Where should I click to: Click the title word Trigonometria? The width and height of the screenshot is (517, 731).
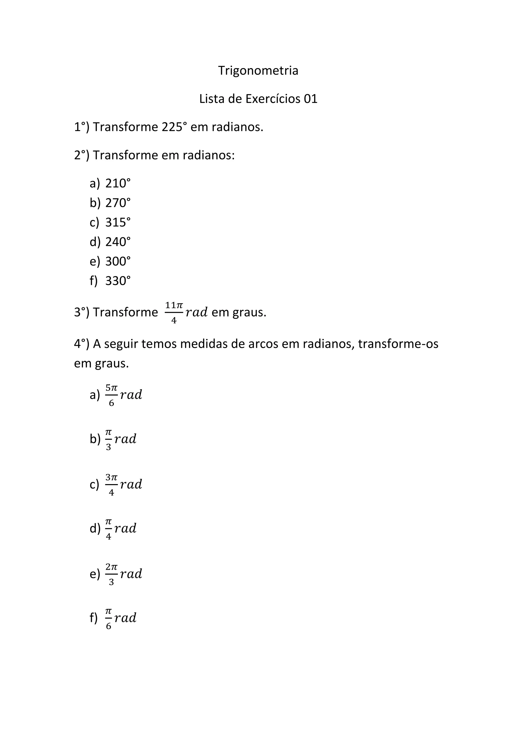pyautogui.click(x=258, y=70)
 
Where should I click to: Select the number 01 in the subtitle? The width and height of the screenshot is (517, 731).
pyautogui.click(x=311, y=99)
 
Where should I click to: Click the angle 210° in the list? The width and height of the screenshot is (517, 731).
pyautogui.click(x=118, y=184)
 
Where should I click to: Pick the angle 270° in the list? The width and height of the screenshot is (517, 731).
pyautogui.click(x=118, y=203)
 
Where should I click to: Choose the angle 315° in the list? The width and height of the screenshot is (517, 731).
pyautogui.click(x=118, y=222)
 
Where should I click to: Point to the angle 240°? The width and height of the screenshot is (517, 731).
pyautogui.click(x=118, y=242)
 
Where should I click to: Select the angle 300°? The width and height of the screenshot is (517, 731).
pyautogui.click(x=118, y=262)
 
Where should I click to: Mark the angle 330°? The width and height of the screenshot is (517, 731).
pyautogui.click(x=118, y=281)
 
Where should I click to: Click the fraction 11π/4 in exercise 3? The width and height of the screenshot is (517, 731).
pyautogui.click(x=174, y=312)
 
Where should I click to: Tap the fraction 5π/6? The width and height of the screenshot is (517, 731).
pyautogui.click(x=111, y=395)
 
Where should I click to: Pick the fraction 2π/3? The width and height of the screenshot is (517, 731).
pyautogui.click(x=111, y=574)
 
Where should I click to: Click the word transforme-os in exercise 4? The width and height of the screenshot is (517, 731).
pyautogui.click(x=398, y=344)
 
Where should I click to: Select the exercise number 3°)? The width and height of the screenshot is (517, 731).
pyautogui.click(x=82, y=312)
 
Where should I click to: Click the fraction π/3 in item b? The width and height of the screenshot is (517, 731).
pyautogui.click(x=109, y=440)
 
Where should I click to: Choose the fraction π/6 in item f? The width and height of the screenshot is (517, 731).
pyautogui.click(x=109, y=618)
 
